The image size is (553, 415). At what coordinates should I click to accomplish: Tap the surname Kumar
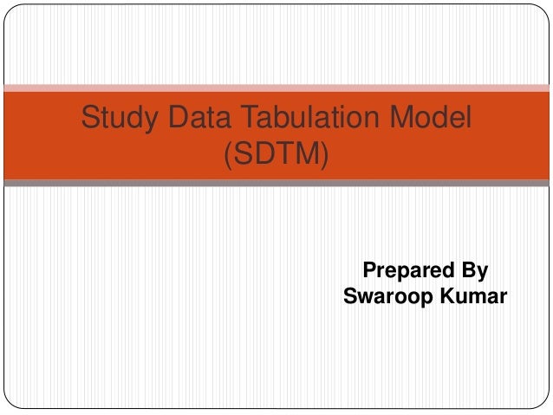coord(472,297)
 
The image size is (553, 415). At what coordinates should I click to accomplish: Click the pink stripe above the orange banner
coord(276,88)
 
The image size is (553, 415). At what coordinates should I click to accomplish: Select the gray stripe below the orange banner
coord(276,183)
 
